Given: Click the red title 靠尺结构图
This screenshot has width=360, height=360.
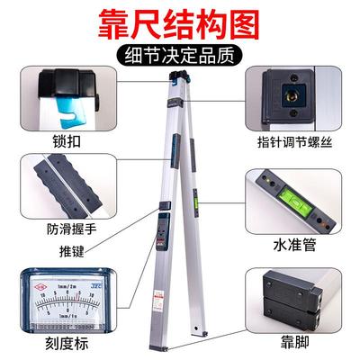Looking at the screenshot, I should [x=180, y=20].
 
